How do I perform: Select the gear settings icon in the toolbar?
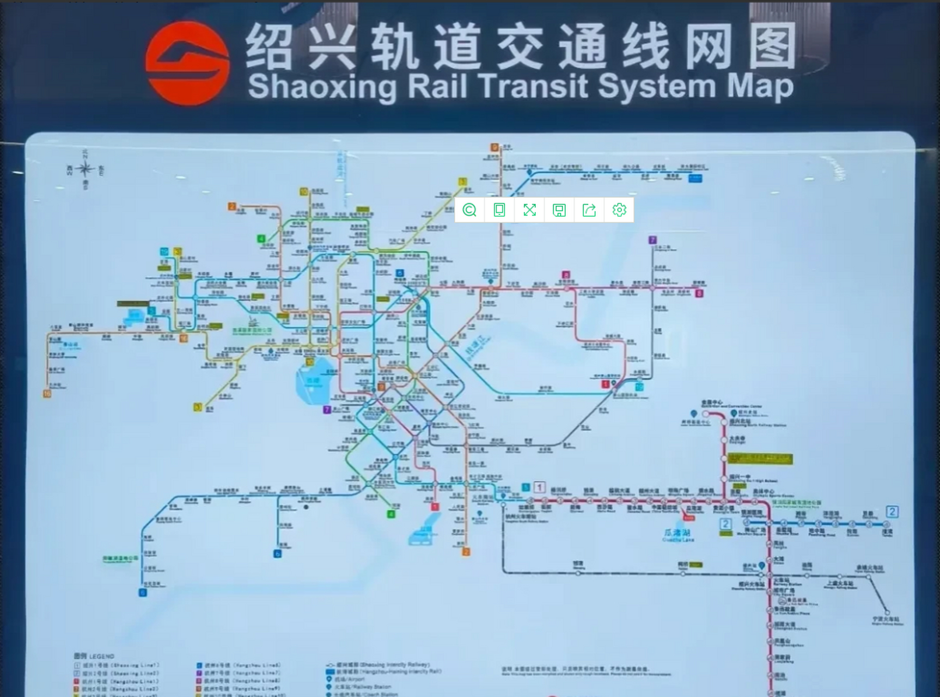pos(619,210)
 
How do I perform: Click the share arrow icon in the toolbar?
pos(589,210)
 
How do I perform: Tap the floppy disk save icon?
pos(559,210)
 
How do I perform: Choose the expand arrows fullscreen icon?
pos(529,210)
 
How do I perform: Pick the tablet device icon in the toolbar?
pos(499,210)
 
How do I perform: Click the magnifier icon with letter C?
pos(469,210)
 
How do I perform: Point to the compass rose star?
pos(85,169)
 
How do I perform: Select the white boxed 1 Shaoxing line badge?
pos(539,487)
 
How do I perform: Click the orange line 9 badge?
pos(495,148)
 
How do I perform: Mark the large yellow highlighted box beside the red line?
pos(760,458)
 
